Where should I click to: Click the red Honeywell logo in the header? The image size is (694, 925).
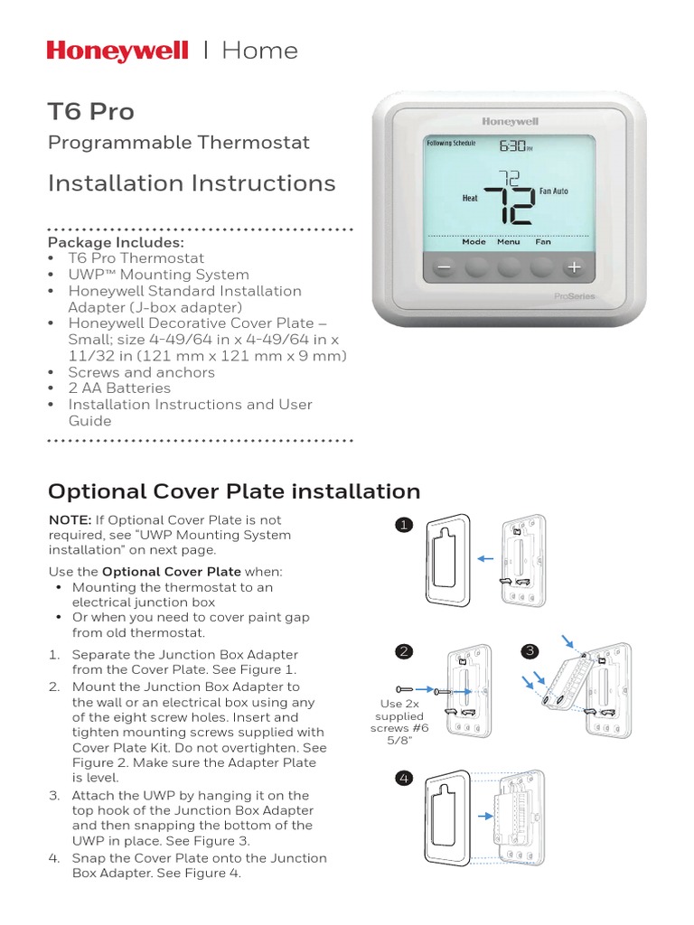(x=117, y=51)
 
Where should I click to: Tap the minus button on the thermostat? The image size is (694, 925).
(x=443, y=268)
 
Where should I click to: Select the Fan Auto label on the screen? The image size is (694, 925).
(x=554, y=192)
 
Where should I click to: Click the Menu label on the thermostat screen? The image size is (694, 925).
(x=508, y=242)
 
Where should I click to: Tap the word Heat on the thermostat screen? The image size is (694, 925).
(x=470, y=198)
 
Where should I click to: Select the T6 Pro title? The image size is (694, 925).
(x=90, y=112)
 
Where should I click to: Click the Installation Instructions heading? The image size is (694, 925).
(x=191, y=183)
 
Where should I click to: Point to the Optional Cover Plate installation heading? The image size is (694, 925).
(x=233, y=491)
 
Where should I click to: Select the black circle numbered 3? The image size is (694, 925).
(x=530, y=651)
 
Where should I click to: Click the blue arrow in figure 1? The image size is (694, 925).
(x=486, y=560)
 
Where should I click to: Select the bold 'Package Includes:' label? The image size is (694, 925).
(x=115, y=242)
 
